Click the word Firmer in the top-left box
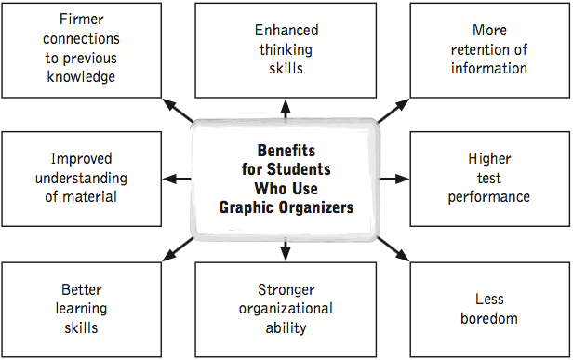click(x=81, y=18)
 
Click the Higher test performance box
click(x=489, y=178)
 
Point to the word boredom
click(x=488, y=319)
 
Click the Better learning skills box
click(x=81, y=309)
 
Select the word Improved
click(x=82, y=159)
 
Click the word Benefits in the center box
click(x=286, y=150)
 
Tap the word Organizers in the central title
click(x=313, y=207)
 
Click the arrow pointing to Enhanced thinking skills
click(x=286, y=109)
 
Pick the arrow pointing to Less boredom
click(x=392, y=247)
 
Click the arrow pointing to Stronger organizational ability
click(x=286, y=249)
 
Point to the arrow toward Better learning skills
click(x=178, y=247)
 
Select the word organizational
click(x=286, y=309)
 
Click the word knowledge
click(x=81, y=77)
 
